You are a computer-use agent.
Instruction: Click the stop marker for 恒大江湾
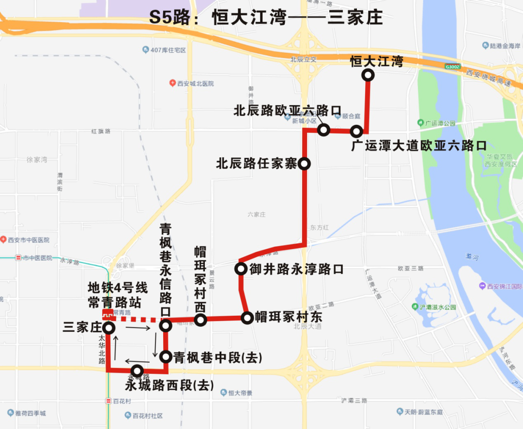369,75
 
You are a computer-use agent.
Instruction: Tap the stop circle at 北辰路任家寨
305,164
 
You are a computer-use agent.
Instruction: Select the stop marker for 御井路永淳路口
241,269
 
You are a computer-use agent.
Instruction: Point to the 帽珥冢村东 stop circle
247,318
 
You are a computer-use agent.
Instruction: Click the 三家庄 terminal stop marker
108,328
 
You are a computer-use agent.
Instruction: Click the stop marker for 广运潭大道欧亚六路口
357,131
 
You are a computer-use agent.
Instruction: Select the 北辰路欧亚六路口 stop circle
323,130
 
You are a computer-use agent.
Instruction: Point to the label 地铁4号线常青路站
114,295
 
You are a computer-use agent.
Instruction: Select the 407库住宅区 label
168,50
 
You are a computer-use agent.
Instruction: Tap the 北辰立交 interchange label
303,60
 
